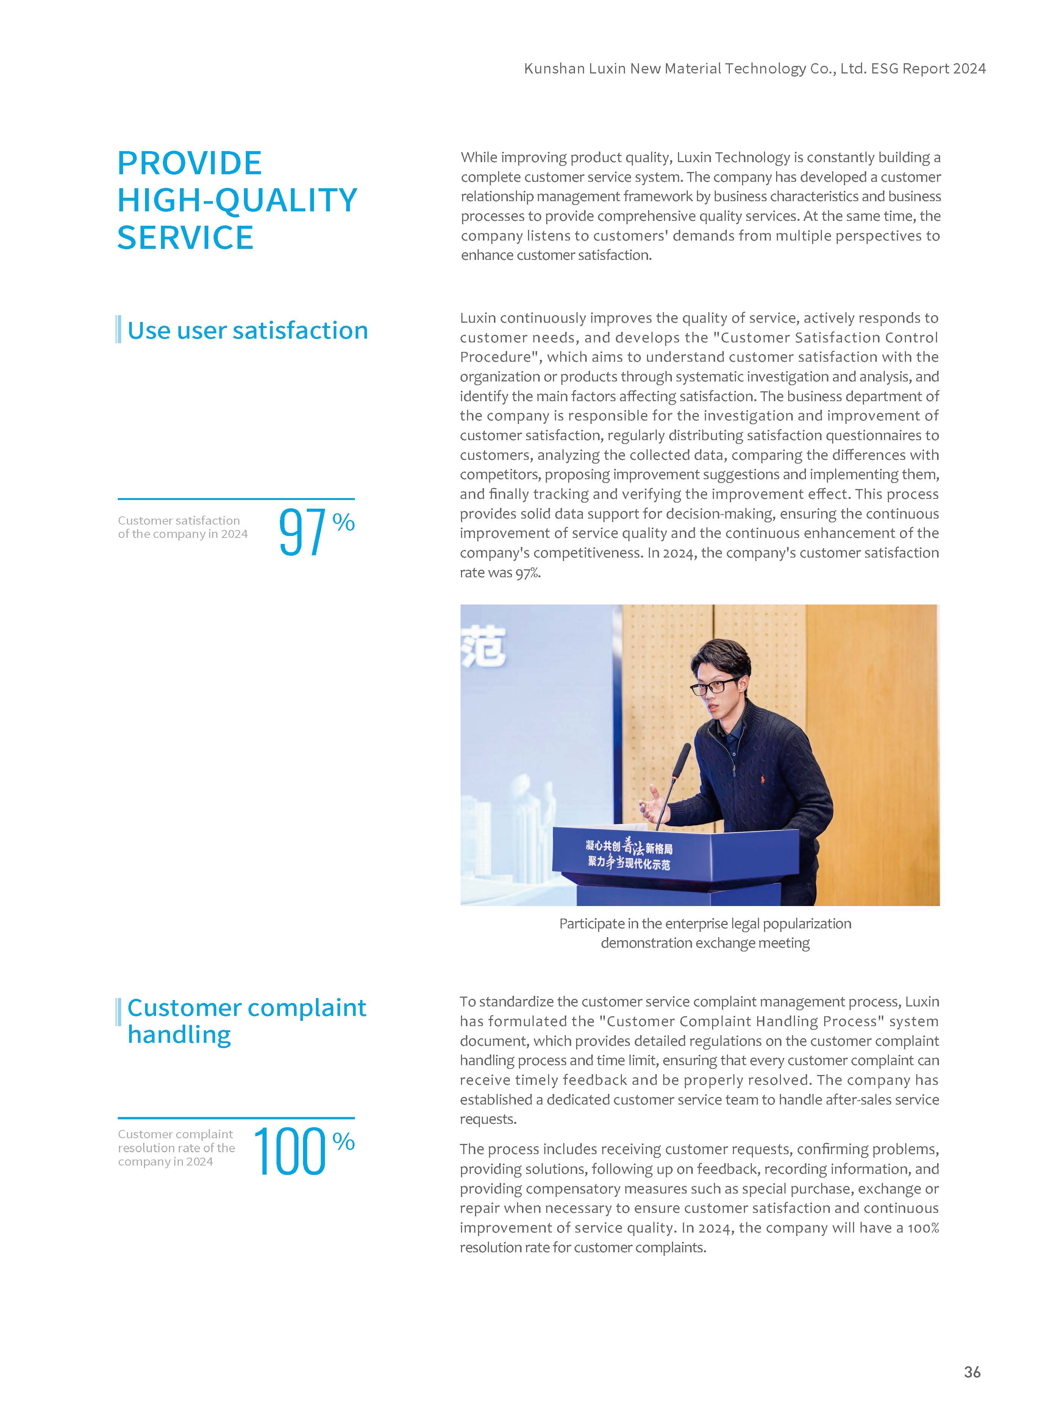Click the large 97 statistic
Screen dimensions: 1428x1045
point(302,533)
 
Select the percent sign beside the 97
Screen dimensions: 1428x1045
point(344,522)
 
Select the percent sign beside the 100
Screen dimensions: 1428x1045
point(344,1142)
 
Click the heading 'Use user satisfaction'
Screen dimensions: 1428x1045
point(247,330)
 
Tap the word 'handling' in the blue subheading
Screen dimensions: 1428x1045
point(180,1034)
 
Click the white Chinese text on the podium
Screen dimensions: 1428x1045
point(629,855)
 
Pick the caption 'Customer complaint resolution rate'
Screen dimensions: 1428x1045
point(177,1148)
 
